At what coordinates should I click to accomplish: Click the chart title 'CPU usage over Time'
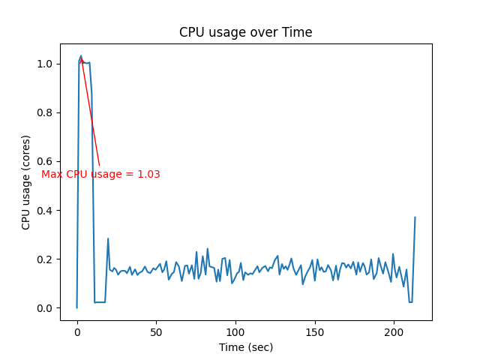tap(245, 32)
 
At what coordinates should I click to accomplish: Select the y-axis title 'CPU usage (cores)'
tap(26, 182)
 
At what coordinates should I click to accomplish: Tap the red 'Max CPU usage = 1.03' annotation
tap(100, 174)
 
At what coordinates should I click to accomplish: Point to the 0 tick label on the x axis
tap(76, 331)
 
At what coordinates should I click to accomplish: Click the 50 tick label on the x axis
tap(156, 331)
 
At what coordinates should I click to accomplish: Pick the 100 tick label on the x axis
tap(235, 331)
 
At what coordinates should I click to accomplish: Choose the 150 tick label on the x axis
tap(315, 331)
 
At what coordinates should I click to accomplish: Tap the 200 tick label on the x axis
tap(394, 331)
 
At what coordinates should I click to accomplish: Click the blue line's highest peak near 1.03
tap(81, 56)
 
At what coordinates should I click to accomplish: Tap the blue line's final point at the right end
tap(415, 217)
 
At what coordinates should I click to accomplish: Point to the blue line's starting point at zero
tap(76, 307)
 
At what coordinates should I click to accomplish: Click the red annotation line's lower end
tap(99, 165)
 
